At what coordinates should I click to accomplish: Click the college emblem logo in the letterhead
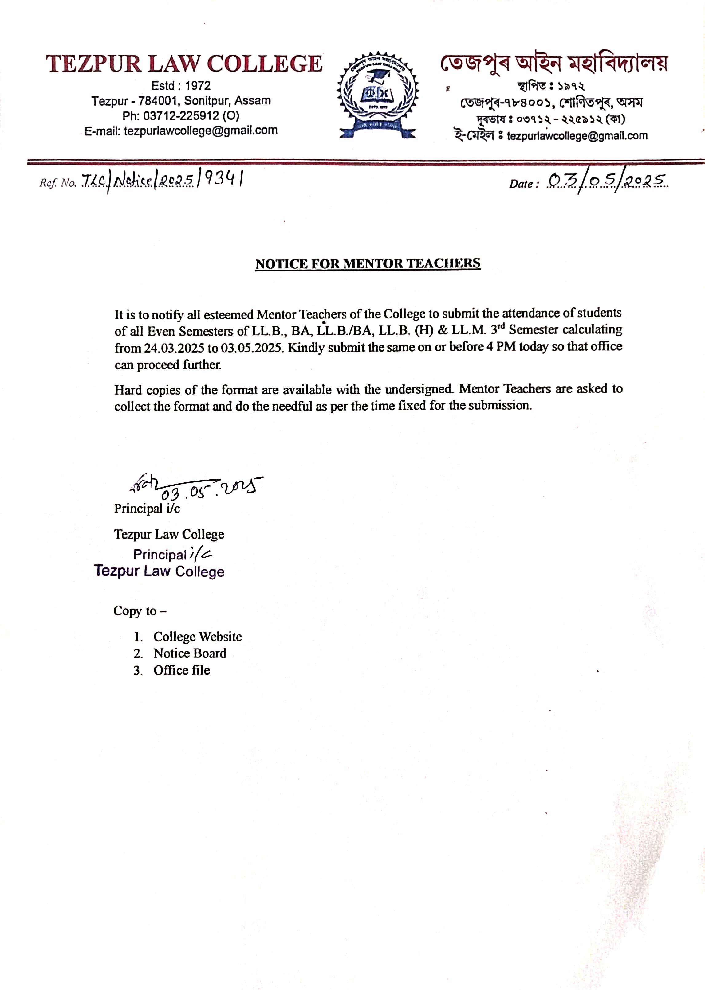pos(377,95)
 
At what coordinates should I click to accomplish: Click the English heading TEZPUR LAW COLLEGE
pos(184,64)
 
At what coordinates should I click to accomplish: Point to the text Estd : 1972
pos(181,86)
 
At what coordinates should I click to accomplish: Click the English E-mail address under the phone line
pos(181,131)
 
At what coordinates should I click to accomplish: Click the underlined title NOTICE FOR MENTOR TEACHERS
pos(368,264)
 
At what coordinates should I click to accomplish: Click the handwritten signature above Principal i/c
pos(144,483)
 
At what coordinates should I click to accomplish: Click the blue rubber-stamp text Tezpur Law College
pos(159,571)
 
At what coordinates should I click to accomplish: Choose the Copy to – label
pos(140,611)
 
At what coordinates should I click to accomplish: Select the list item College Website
pos(198,637)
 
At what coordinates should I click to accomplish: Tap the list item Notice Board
pos(190,653)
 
